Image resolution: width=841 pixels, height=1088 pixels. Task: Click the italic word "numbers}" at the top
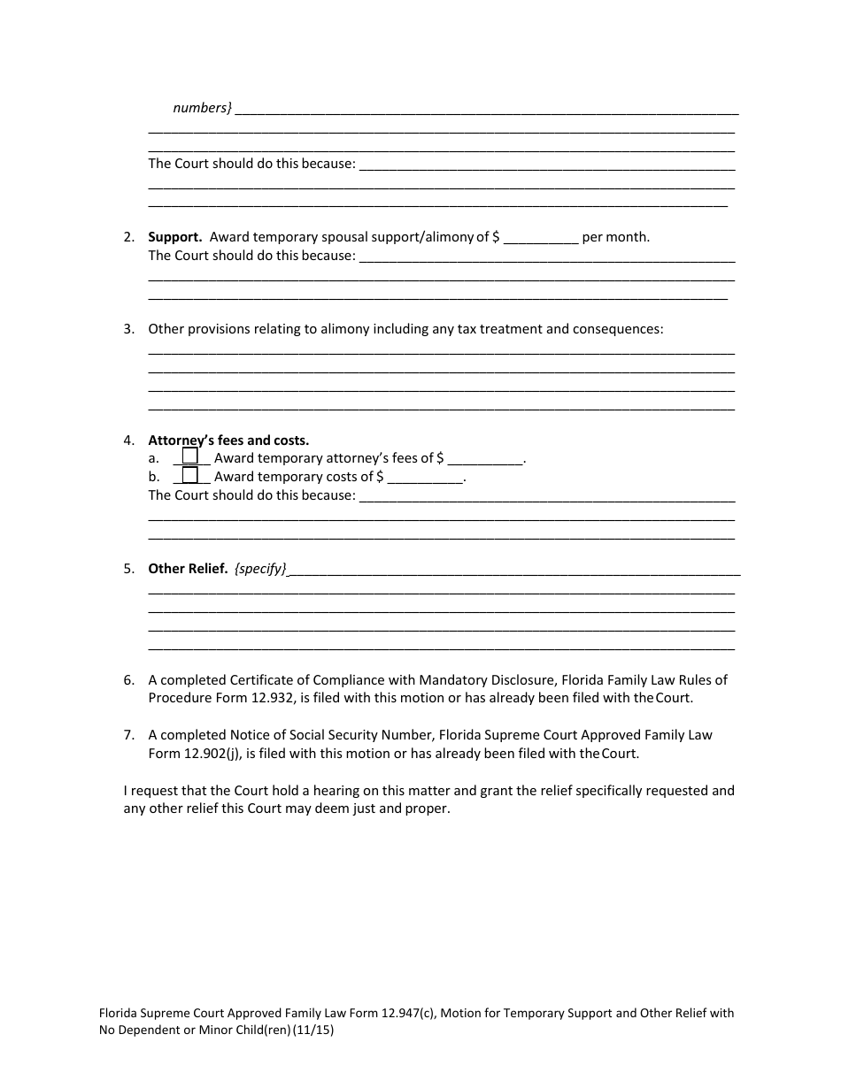[x=202, y=108]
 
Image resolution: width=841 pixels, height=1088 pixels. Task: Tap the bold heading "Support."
[x=175, y=237]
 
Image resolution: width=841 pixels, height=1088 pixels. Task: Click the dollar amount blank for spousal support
[x=541, y=237]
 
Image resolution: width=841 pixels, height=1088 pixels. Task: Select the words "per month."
[x=616, y=237]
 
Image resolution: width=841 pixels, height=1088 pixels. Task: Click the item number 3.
[x=128, y=329]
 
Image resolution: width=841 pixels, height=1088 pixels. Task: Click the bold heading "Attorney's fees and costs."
[x=228, y=440]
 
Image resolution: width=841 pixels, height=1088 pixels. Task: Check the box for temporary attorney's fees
[x=190, y=456]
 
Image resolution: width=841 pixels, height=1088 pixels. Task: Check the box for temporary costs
[x=190, y=475]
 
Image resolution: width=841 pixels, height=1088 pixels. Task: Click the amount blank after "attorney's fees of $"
[x=486, y=458]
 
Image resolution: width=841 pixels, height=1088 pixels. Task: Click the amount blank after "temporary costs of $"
[x=426, y=477]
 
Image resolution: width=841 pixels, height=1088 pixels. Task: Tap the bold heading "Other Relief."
[x=188, y=569]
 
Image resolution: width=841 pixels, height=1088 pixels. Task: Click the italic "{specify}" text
[x=260, y=569]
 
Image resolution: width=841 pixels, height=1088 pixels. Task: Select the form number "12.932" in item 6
[x=274, y=698]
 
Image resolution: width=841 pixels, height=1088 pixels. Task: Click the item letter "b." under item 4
[x=154, y=477]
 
